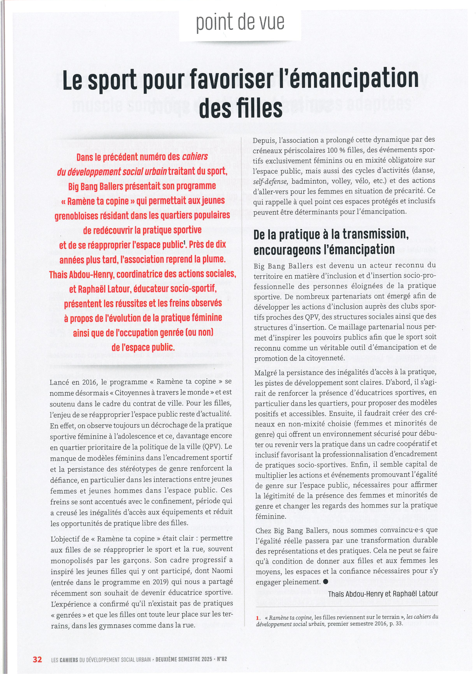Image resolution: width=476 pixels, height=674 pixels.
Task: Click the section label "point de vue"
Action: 240,23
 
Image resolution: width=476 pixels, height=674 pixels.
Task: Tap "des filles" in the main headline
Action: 241,109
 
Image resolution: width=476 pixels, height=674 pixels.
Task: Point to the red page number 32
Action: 37,659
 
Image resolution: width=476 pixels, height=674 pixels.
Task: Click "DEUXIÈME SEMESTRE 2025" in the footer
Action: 184,659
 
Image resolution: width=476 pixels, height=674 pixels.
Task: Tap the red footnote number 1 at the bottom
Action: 258,618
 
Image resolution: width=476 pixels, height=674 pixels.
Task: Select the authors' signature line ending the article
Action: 383,594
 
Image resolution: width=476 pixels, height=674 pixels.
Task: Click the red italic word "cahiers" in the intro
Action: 195,157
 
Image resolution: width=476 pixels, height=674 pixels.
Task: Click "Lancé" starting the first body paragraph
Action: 60,382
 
